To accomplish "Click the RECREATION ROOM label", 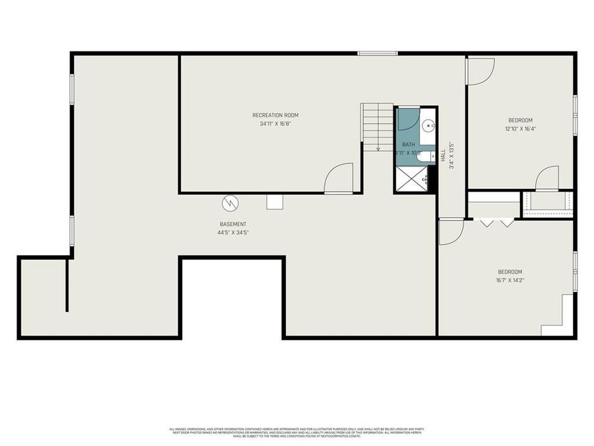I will (x=271, y=115).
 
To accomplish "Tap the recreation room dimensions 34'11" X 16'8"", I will (x=271, y=124).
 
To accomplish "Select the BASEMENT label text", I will (x=233, y=224).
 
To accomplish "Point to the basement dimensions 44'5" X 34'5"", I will (x=233, y=233).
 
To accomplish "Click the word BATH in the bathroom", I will (x=409, y=144).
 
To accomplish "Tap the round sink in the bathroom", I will (x=428, y=124).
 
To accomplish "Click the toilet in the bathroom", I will (x=427, y=157).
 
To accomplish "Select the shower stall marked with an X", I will (x=411, y=178).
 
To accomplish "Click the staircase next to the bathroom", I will (x=377, y=126).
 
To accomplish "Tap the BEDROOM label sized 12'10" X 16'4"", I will (x=521, y=120).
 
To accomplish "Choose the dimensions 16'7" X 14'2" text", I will (x=510, y=280).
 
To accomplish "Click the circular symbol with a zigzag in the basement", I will (x=230, y=203).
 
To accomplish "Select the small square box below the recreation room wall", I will (x=275, y=202).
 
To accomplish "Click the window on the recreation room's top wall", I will (x=378, y=53).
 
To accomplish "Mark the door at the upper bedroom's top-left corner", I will (x=480, y=71).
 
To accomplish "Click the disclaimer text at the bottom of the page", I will (x=297, y=433).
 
